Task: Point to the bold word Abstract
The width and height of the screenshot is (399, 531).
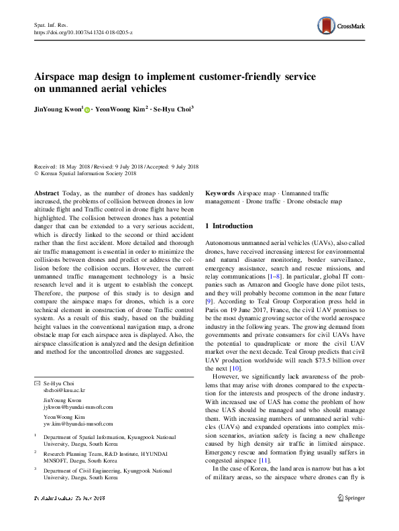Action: (x=46, y=192)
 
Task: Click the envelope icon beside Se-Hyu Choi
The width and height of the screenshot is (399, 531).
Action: (x=37, y=383)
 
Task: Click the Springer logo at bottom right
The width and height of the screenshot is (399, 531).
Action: (x=351, y=517)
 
